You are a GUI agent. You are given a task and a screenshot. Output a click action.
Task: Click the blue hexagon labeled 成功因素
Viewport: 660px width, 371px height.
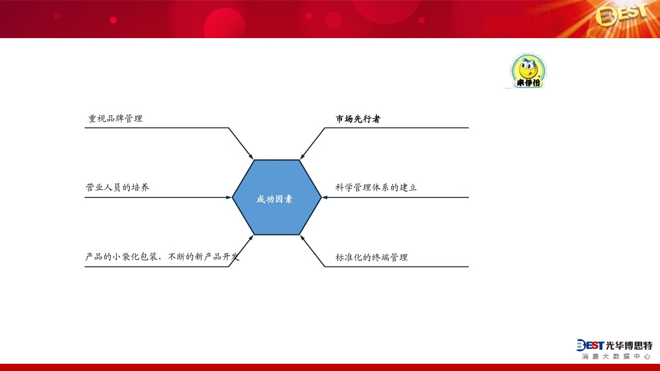coord(277,197)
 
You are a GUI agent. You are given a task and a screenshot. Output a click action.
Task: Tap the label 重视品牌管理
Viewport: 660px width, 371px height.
coord(115,119)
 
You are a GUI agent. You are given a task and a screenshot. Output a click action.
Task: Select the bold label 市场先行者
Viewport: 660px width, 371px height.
coord(358,119)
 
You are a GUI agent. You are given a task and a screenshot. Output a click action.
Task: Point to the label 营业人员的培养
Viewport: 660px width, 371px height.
coord(117,187)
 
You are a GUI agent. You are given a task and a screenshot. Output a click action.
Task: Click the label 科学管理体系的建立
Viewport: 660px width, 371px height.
coord(376,187)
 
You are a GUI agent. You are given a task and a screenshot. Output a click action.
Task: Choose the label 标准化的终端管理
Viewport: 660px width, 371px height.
coord(372,257)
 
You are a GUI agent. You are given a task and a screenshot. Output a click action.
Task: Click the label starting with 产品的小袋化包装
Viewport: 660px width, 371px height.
coord(162,257)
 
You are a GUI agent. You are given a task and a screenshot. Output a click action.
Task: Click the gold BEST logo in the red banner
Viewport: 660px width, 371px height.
coord(621,15)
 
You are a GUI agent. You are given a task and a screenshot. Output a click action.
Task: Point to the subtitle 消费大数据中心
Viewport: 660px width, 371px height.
coord(616,357)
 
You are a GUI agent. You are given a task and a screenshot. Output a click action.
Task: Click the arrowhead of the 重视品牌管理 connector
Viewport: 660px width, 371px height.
coord(251,156)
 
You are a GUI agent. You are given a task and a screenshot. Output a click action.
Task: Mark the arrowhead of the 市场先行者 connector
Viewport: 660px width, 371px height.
coord(302,156)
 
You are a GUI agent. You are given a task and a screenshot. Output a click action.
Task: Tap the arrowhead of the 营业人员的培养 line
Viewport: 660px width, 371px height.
coord(229,197)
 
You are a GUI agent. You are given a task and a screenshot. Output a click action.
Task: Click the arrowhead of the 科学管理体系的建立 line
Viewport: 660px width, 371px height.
coord(325,197)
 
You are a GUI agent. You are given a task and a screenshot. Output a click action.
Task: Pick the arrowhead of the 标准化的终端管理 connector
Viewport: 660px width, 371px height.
coord(302,238)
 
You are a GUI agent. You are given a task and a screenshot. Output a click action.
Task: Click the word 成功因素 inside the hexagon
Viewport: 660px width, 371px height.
coord(274,199)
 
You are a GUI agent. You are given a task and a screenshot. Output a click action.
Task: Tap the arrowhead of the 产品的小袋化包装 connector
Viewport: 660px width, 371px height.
coord(251,238)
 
